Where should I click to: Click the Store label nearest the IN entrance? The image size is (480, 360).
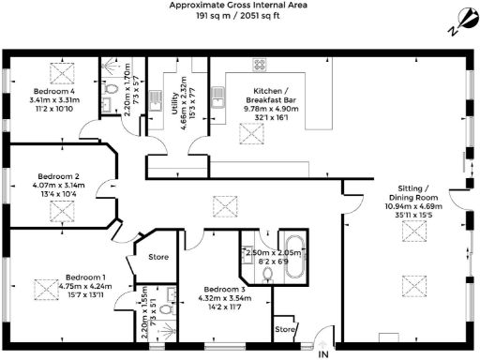(x=285, y=329)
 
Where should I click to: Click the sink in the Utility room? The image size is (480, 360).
(x=159, y=100)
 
